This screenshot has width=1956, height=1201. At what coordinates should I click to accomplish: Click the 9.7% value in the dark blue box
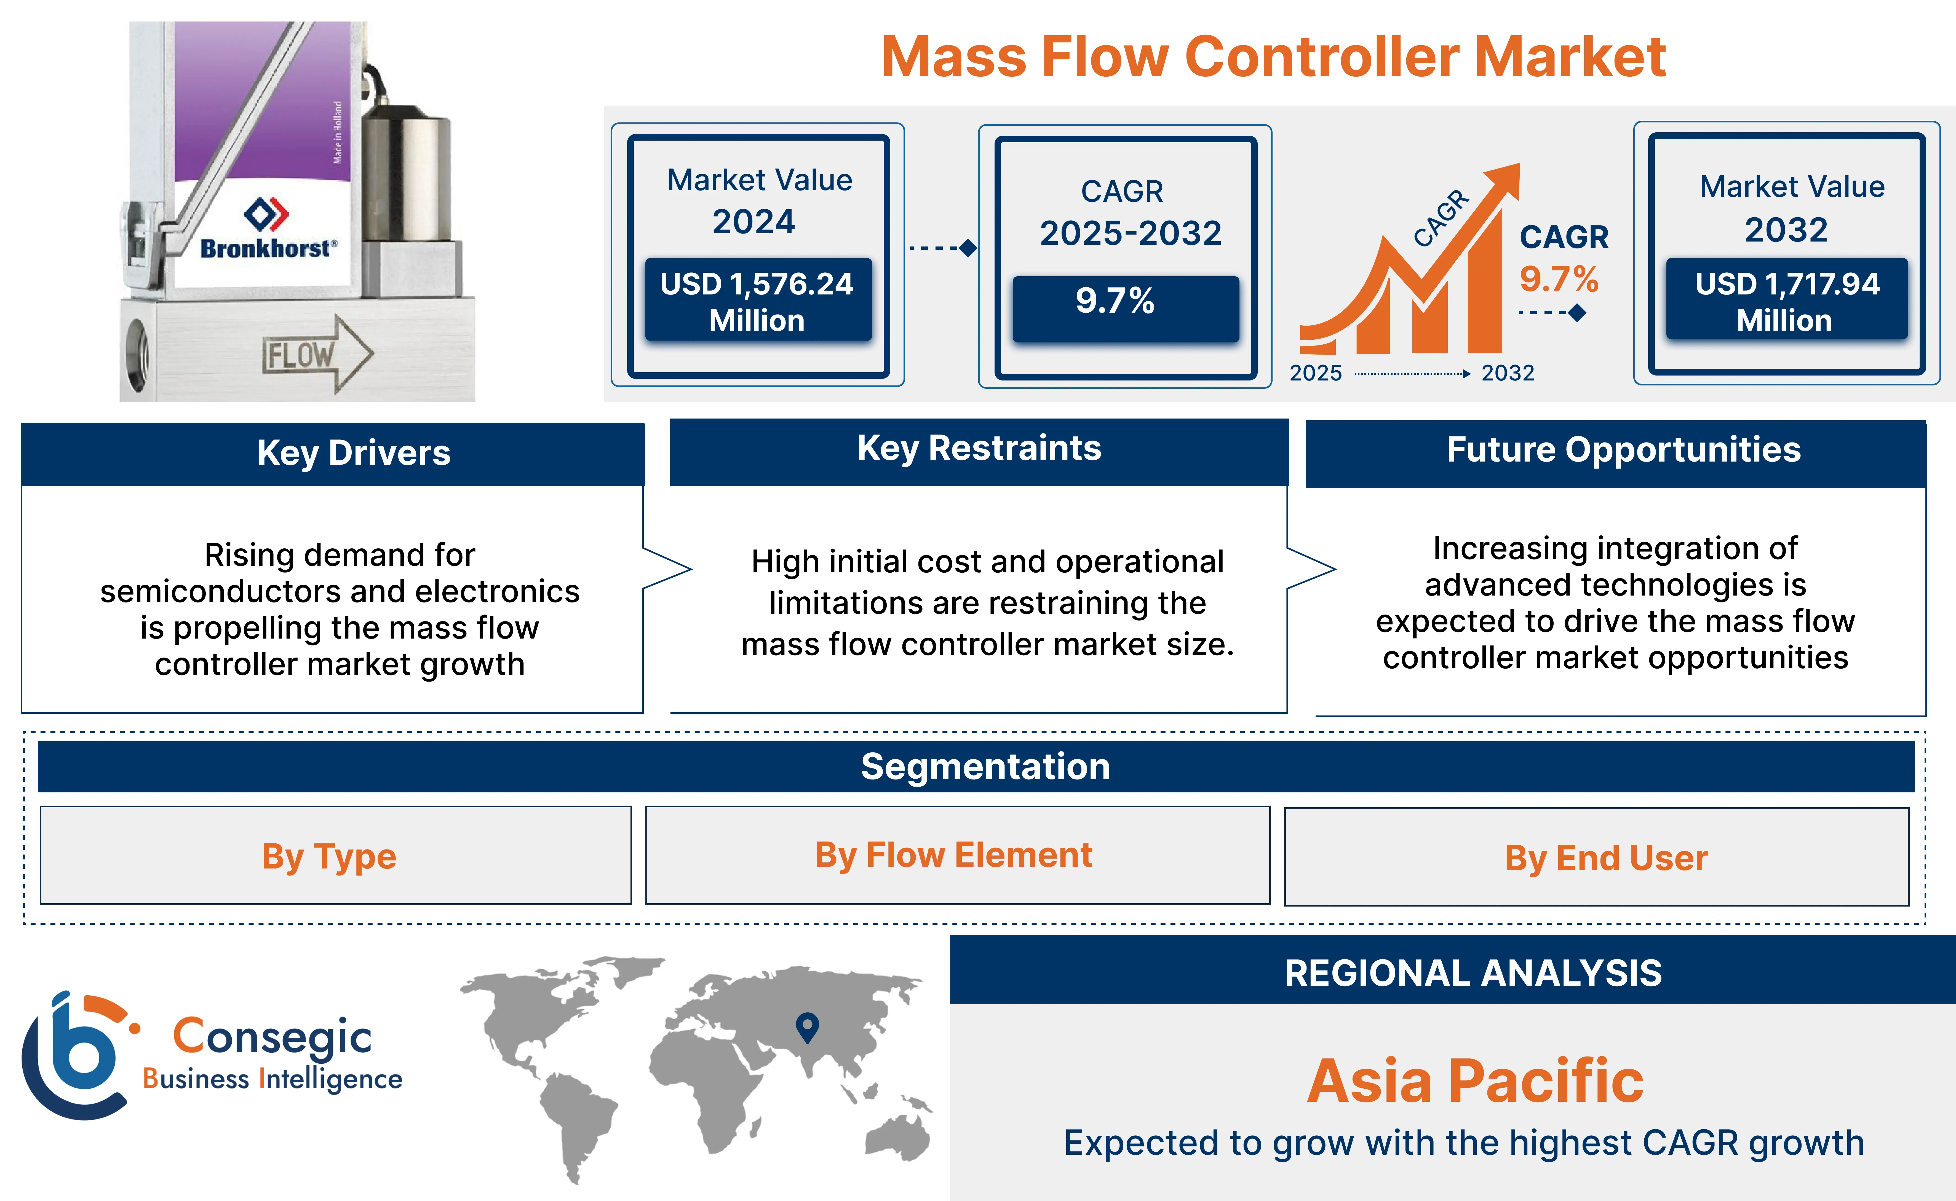(x=1115, y=302)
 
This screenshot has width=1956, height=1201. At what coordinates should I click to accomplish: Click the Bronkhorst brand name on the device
(x=267, y=249)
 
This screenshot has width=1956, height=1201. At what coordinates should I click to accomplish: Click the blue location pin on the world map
(x=807, y=1026)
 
